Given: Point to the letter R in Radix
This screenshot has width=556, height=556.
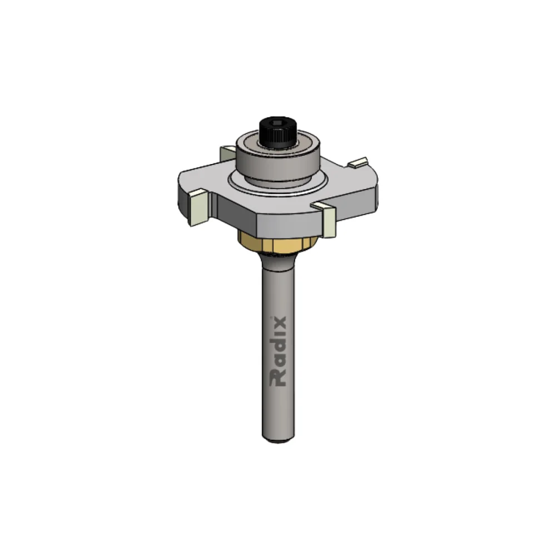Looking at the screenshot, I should click(x=278, y=379).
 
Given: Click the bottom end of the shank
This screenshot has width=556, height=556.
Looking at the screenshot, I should click(x=278, y=438).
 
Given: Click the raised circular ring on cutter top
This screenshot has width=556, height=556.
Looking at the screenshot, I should click(x=239, y=183).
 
